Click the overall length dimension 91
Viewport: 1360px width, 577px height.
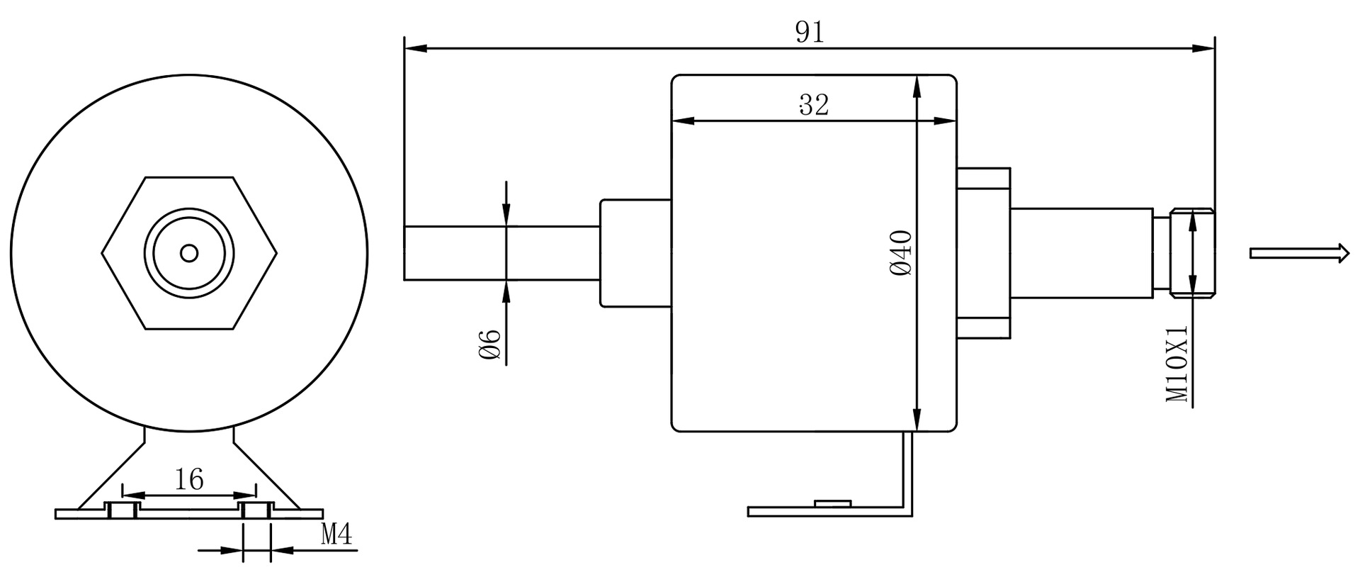[x=810, y=32]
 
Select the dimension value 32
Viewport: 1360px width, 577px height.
[x=814, y=105]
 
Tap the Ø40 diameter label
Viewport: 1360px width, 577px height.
[x=901, y=253]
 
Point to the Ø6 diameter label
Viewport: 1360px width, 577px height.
[x=490, y=344]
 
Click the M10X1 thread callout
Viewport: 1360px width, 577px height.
[x=1177, y=364]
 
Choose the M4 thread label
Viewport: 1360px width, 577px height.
[x=336, y=534]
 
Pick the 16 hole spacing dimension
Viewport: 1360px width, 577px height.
[x=189, y=480]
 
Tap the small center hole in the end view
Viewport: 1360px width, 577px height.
[x=189, y=253]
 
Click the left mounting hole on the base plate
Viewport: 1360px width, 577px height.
[x=122, y=510]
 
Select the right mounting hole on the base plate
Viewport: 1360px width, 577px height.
[x=256, y=510]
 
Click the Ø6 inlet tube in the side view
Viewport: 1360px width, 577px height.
[x=496, y=253]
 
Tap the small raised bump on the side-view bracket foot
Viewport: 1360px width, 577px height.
[x=832, y=503]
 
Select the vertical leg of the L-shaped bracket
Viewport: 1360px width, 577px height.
[x=907, y=471]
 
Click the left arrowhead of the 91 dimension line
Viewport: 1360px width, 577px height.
[x=414, y=48]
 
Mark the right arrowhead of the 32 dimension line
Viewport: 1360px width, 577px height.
[x=945, y=121]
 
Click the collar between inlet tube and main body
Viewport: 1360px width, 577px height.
[x=635, y=253]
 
